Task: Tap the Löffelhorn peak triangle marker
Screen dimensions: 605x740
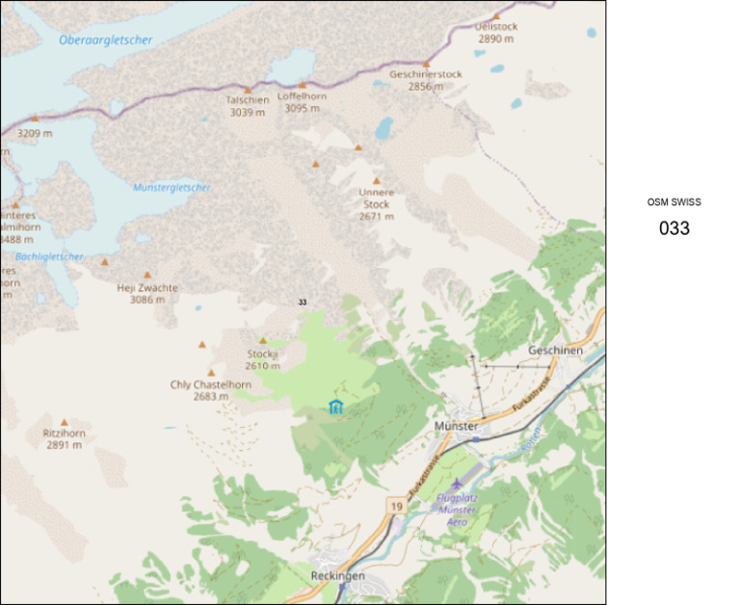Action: pyautogui.click(x=302, y=85)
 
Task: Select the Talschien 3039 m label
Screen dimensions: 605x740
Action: pyautogui.click(x=247, y=106)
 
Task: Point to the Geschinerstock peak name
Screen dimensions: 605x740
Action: pyautogui.click(x=426, y=74)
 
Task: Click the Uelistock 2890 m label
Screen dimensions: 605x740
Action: pyautogui.click(x=496, y=33)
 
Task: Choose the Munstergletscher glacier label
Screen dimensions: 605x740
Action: pyautogui.click(x=172, y=187)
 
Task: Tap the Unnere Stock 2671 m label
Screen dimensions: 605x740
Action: pyautogui.click(x=377, y=203)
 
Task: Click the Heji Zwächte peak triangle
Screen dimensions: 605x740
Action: pyautogui.click(x=147, y=275)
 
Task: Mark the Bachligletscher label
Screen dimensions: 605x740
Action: pyautogui.click(x=49, y=256)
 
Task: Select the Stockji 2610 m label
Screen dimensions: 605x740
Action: pyautogui.click(x=262, y=359)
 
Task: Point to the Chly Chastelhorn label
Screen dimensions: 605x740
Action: pyautogui.click(x=211, y=384)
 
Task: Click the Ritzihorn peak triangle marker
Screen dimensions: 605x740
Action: pyautogui.click(x=65, y=422)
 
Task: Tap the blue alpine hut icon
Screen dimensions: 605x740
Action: pyautogui.click(x=335, y=407)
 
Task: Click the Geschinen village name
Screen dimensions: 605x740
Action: pyautogui.click(x=555, y=351)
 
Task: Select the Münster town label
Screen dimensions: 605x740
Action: pyautogui.click(x=456, y=426)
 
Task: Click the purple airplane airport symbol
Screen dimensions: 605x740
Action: pyautogui.click(x=456, y=483)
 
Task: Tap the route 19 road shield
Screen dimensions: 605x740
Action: pyautogui.click(x=396, y=505)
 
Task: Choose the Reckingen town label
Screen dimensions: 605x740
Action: pyautogui.click(x=337, y=575)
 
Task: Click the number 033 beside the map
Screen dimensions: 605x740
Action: pyautogui.click(x=674, y=228)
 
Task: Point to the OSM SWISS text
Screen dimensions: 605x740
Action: pyautogui.click(x=674, y=202)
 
